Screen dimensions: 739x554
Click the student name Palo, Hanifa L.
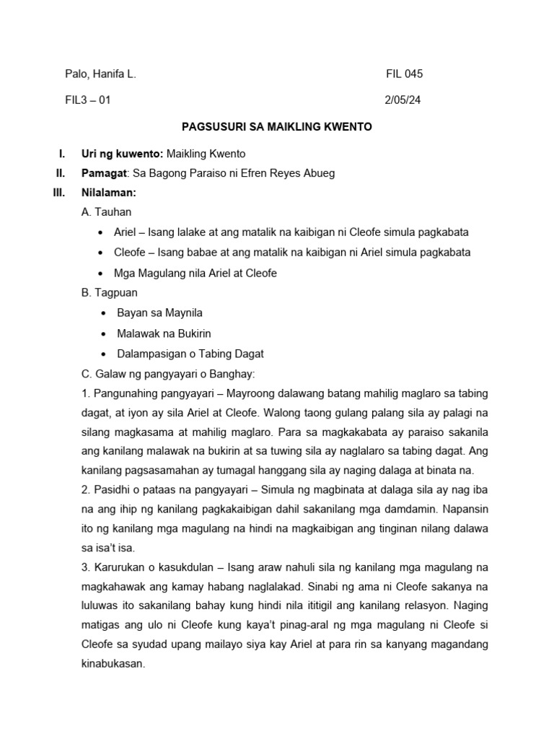coord(100,74)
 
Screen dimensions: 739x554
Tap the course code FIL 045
coord(405,74)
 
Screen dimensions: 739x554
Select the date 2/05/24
coord(403,100)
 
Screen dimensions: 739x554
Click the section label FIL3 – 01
coord(87,100)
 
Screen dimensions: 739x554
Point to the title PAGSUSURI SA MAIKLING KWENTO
coord(276,127)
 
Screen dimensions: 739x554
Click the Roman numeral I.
coord(61,154)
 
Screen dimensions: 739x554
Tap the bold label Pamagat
coord(105,174)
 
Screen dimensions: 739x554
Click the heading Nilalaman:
coord(109,193)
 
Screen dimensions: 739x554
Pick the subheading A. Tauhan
coord(107,213)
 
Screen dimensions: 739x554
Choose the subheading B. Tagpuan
coord(110,293)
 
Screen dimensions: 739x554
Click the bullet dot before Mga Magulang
coord(100,274)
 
